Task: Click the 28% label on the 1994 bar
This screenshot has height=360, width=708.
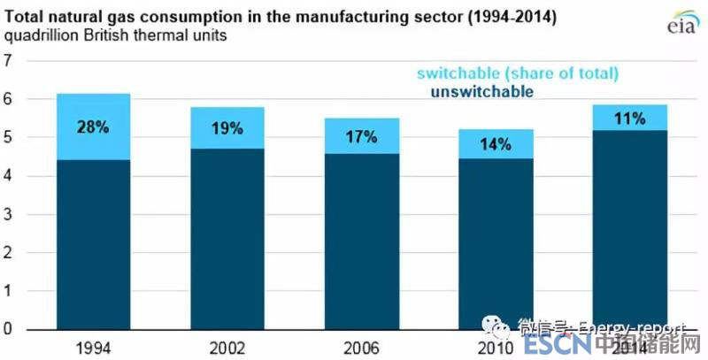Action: click(x=92, y=126)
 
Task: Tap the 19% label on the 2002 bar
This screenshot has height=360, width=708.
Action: click(x=227, y=128)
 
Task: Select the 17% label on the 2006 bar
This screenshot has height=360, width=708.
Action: click(x=361, y=136)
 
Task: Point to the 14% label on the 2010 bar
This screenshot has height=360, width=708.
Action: click(x=496, y=144)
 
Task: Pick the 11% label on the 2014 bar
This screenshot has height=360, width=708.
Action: click(x=630, y=117)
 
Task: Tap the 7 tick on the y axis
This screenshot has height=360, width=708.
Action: click(x=10, y=61)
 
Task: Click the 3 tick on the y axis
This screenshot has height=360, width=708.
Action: click(x=10, y=214)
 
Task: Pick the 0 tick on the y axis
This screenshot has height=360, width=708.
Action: click(x=10, y=329)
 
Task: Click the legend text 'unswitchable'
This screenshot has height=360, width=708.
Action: click(x=481, y=91)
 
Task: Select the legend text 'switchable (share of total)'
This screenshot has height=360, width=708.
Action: click(x=517, y=73)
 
